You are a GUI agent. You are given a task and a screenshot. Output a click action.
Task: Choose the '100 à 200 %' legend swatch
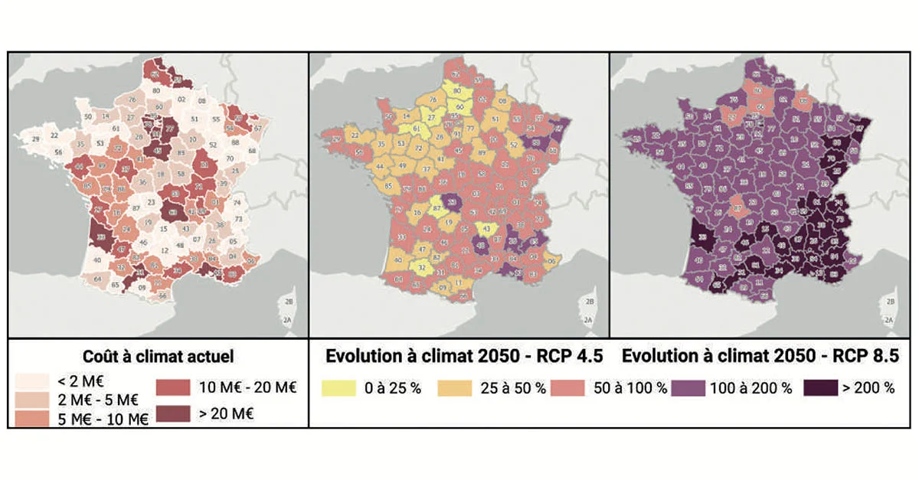click(689, 387)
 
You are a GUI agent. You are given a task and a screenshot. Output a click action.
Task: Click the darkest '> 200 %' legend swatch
click(821, 387)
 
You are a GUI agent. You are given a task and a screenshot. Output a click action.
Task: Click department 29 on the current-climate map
click(35, 139)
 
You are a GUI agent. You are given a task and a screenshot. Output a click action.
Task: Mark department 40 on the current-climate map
click(97, 260)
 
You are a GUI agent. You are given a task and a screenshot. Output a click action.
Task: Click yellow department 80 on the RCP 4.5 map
click(456, 90)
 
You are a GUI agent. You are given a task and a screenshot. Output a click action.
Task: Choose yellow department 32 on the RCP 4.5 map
click(421, 268)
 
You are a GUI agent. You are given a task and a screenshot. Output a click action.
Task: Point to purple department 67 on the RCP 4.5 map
click(558, 127)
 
